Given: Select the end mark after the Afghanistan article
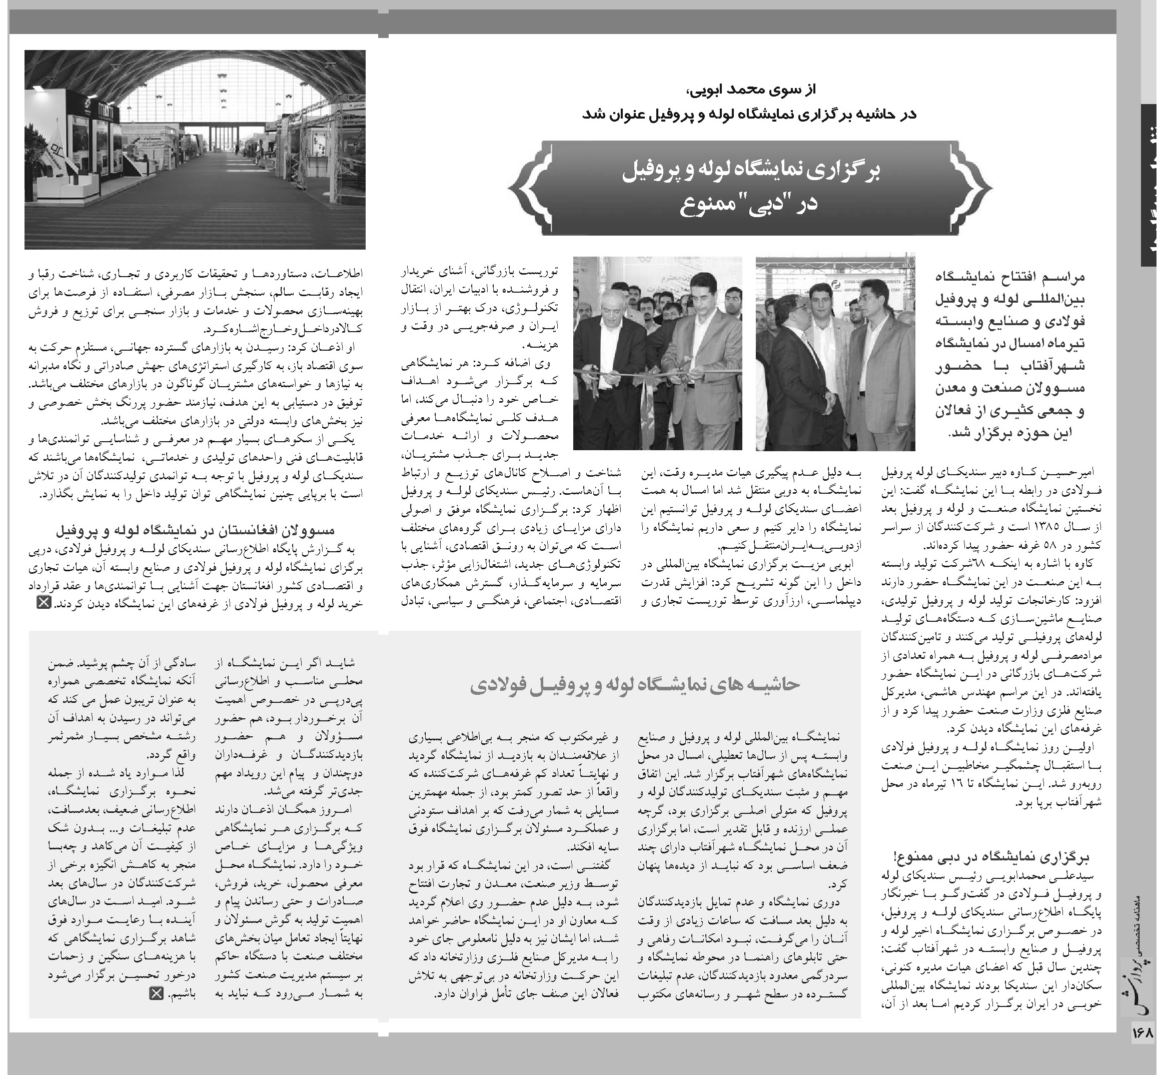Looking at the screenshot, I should [44, 603].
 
